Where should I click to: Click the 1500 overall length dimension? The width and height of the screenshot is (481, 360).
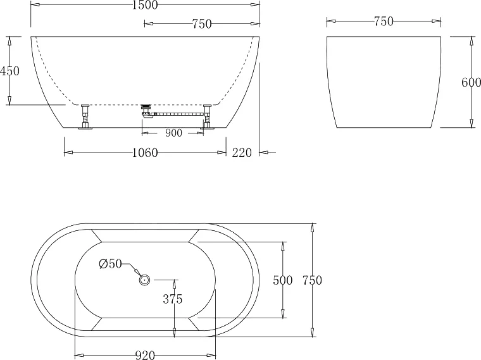click(145, 5)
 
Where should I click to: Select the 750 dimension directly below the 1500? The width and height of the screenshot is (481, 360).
click(201, 24)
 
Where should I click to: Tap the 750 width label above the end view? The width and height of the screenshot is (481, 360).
click(384, 22)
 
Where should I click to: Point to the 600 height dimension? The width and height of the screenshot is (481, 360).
click(472, 83)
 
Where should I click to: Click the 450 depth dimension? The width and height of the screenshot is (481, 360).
click(9, 71)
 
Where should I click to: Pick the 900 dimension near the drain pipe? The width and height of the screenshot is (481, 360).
click(173, 133)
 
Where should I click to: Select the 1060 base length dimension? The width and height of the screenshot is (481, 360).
click(145, 152)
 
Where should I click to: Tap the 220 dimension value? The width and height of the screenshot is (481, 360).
click(242, 152)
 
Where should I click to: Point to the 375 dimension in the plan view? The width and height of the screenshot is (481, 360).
click(172, 300)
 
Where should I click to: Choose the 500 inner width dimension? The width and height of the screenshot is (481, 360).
click(282, 280)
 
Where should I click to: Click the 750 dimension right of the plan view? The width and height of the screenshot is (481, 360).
click(312, 280)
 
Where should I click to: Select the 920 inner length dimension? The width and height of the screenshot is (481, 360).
click(145, 356)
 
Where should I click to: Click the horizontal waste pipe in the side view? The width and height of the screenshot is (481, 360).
click(177, 114)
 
